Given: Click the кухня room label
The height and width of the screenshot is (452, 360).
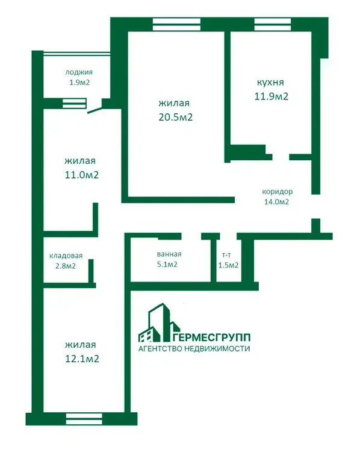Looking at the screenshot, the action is (270, 83).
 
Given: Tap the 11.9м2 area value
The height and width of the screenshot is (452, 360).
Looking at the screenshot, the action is (272, 96).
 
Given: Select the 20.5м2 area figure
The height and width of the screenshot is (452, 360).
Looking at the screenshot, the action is (175, 117).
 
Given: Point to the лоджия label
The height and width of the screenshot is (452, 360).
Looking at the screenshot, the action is (79, 72).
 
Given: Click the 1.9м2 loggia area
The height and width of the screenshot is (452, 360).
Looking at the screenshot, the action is (79, 83).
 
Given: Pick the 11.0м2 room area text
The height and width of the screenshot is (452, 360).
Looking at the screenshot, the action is (82, 175).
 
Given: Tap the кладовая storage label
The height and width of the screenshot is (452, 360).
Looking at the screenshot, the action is (66, 256).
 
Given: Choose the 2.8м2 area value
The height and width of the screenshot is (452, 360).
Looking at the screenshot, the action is (66, 266).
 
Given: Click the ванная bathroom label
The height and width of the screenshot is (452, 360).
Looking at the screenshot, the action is (169, 254).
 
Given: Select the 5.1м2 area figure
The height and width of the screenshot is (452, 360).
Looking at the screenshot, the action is (167, 265).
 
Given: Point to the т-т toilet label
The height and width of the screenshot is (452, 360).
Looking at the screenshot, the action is (226, 255).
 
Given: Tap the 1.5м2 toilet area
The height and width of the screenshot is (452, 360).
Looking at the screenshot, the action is (228, 265).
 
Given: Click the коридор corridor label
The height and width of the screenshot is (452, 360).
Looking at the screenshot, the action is (278, 192).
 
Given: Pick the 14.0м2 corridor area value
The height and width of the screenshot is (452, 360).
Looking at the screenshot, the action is (276, 202).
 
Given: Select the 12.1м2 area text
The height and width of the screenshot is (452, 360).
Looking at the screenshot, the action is (82, 359).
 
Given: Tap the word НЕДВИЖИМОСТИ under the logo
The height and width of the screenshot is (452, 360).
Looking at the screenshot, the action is (217, 348).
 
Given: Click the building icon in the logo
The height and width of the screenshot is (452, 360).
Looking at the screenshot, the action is (159, 322).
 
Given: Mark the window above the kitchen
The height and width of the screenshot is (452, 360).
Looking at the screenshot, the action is (273, 24).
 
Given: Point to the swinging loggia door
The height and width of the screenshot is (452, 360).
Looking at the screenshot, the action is (95, 110).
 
